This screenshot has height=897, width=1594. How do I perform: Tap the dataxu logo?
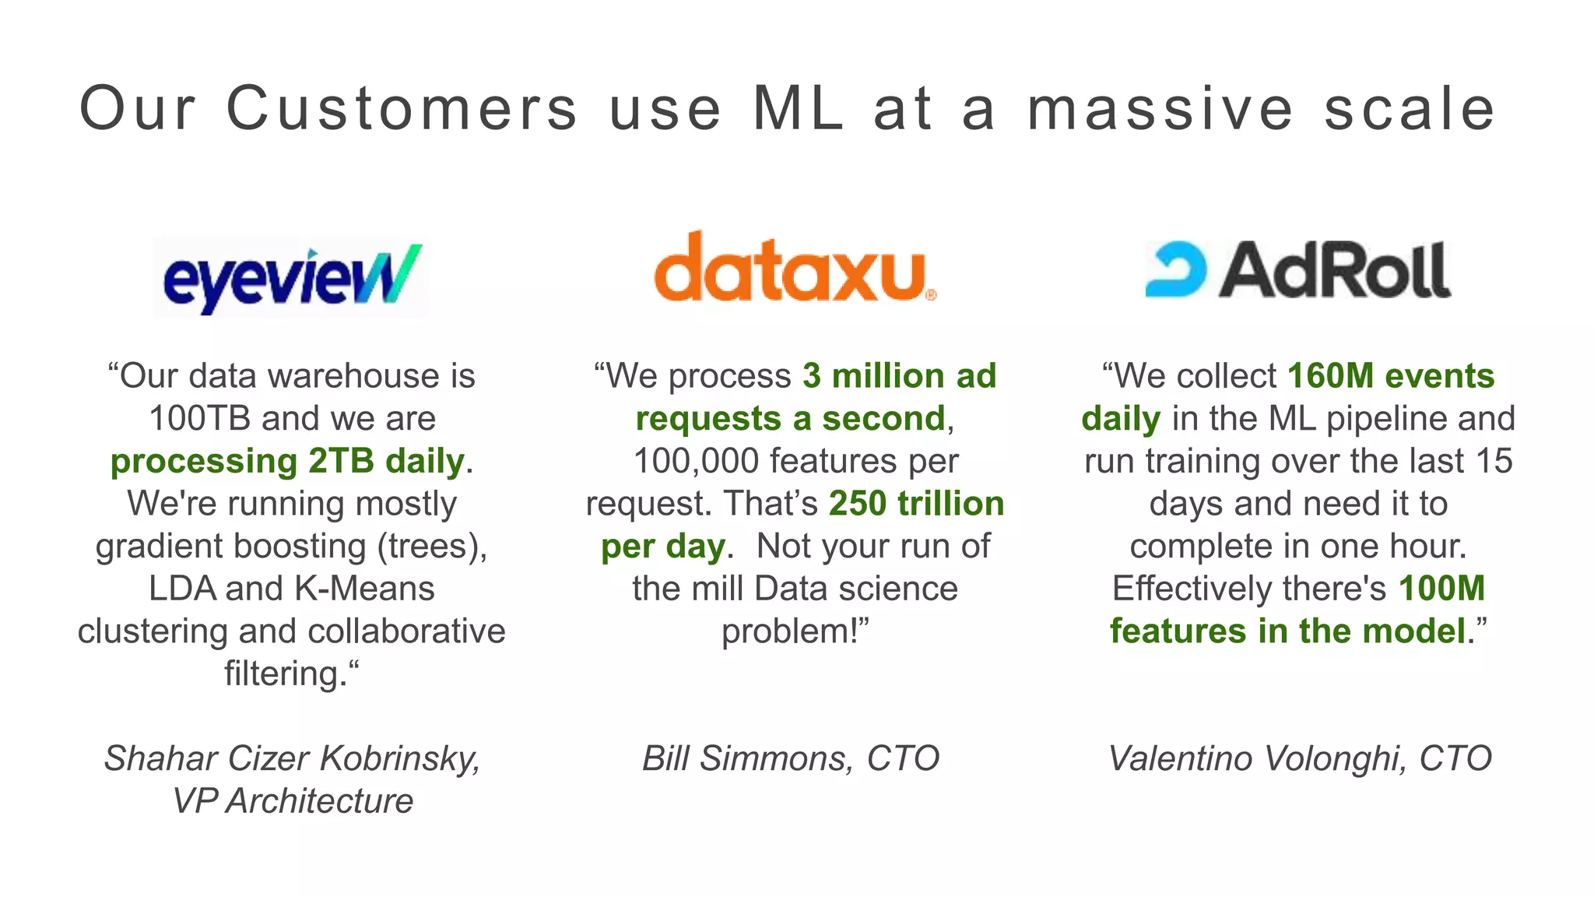pyautogui.click(x=794, y=269)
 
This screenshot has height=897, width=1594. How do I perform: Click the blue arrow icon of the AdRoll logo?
pyautogui.click(x=1176, y=269)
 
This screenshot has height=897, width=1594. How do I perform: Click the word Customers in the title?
pyautogui.click(x=402, y=109)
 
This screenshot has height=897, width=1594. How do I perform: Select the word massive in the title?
pyautogui.click(x=1160, y=109)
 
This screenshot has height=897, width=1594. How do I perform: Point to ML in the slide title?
pyautogui.click(x=798, y=109)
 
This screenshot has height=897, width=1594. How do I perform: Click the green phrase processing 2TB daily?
pyautogui.click(x=287, y=461)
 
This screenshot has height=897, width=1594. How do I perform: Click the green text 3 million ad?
pyautogui.click(x=899, y=376)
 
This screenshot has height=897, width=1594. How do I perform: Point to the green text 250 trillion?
pyautogui.click(x=916, y=504)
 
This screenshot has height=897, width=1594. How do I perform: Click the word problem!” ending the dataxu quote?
pyautogui.click(x=795, y=631)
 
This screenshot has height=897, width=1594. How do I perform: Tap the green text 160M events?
pyautogui.click(x=1390, y=376)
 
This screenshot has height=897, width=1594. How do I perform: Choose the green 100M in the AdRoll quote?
pyautogui.click(x=1441, y=589)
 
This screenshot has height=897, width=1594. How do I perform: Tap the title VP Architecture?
pyautogui.click(x=293, y=801)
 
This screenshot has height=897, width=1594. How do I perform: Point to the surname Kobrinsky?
pyautogui.click(x=400, y=758)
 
